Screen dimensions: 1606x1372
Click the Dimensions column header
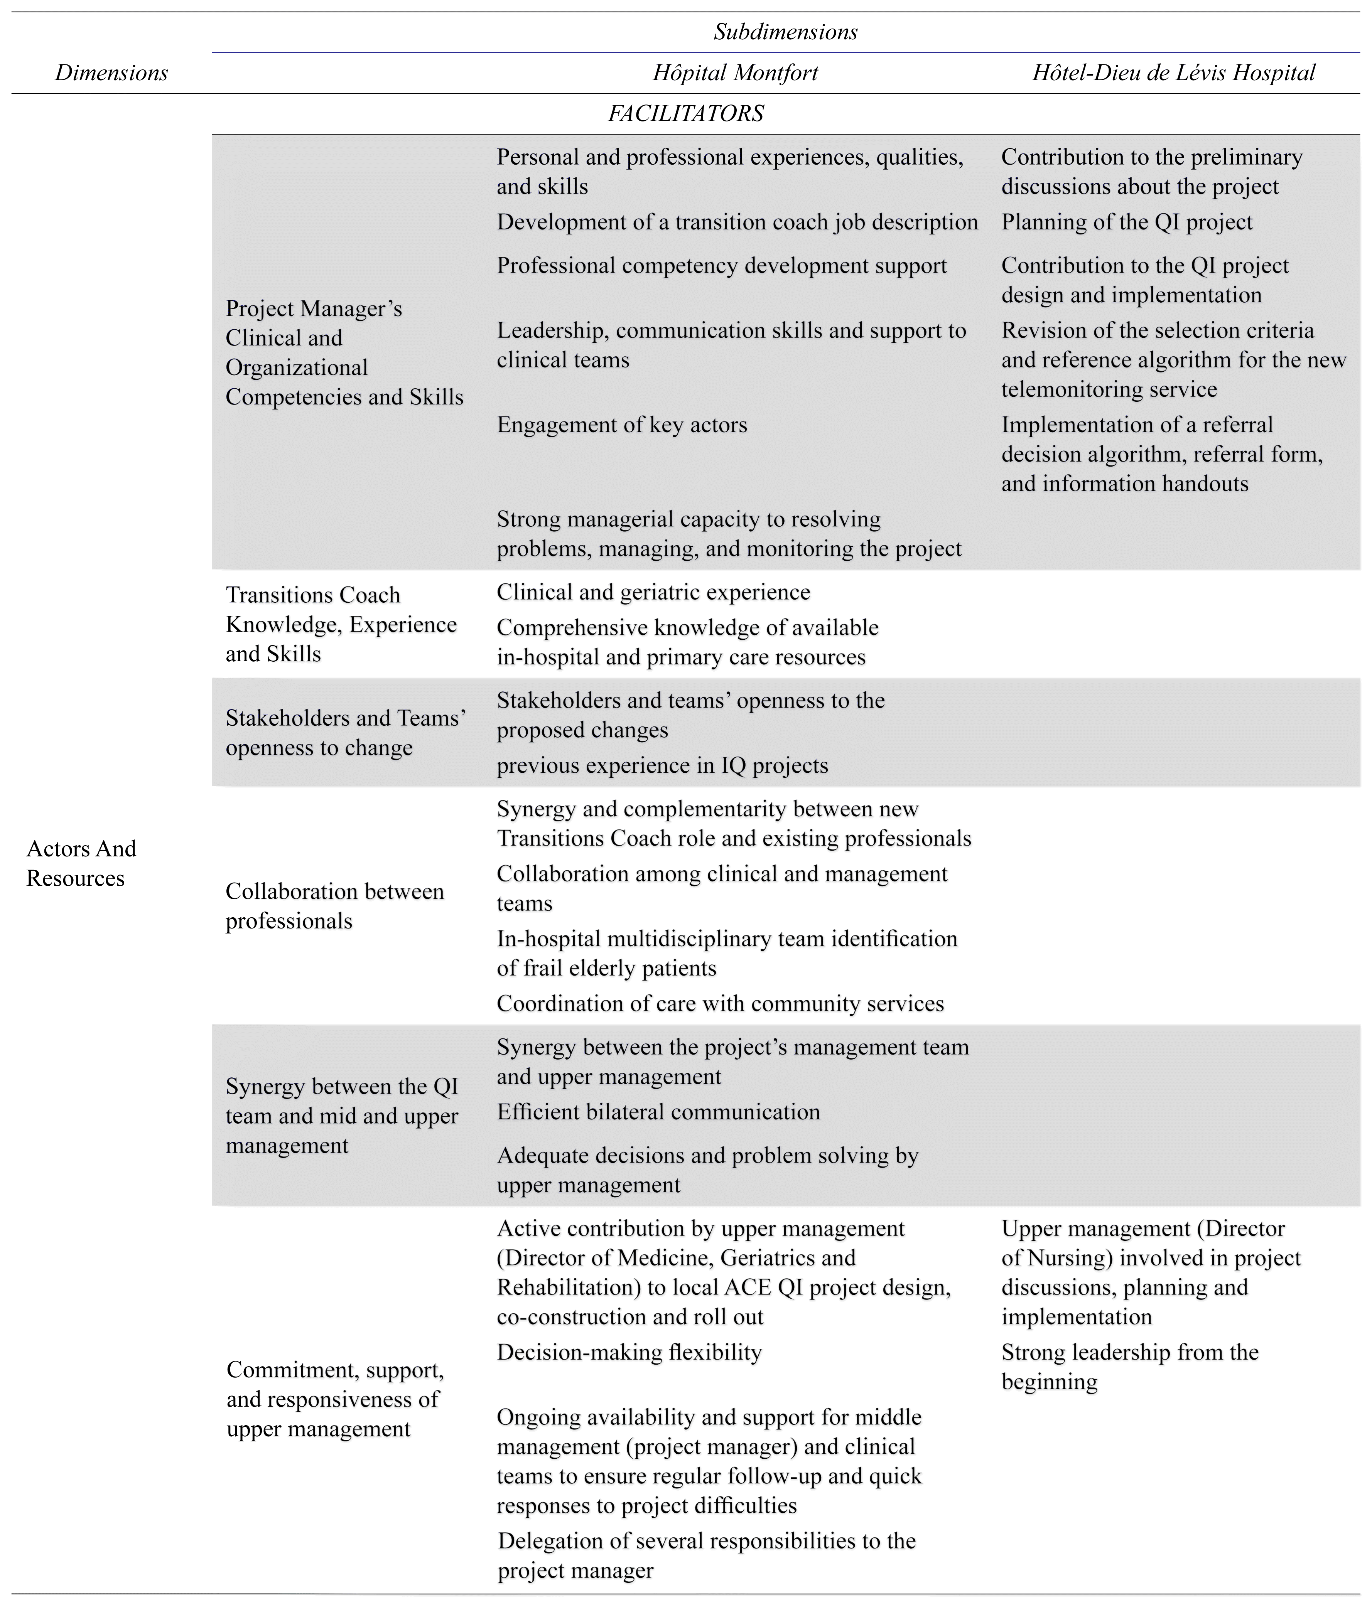click(111, 73)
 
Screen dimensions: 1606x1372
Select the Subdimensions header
click(785, 32)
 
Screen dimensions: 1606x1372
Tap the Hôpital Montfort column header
click(735, 73)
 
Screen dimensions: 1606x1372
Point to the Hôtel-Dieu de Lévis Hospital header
click(1174, 73)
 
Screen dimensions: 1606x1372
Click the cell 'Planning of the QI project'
click(1126, 222)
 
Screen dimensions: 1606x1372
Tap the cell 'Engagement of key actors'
click(622, 425)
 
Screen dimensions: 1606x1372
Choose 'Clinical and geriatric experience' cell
click(653, 592)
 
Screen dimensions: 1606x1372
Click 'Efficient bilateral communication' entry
click(658, 1112)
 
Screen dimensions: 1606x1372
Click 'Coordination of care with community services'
click(720, 1004)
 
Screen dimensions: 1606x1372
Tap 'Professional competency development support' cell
click(722, 266)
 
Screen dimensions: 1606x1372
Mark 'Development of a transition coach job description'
click(737, 222)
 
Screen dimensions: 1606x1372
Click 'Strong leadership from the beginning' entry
click(1129, 1367)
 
